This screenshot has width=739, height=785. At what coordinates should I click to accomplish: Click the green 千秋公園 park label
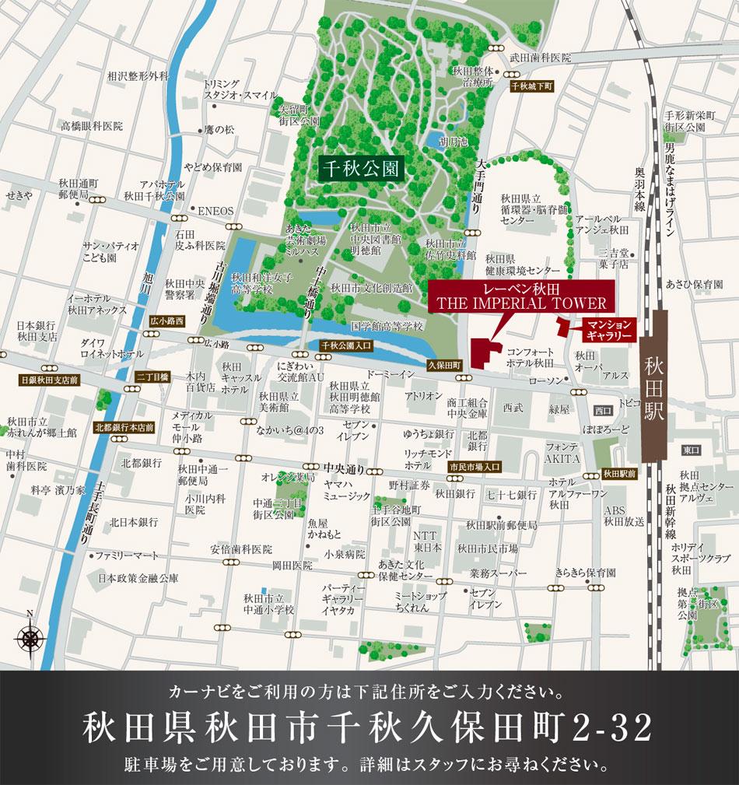click(x=361, y=168)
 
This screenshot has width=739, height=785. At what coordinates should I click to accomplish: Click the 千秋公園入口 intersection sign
click(x=347, y=344)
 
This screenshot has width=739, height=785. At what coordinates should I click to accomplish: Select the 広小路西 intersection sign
click(x=167, y=321)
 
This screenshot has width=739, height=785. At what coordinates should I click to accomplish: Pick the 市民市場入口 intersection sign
click(x=475, y=467)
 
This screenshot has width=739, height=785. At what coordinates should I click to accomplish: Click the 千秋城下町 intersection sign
click(x=531, y=87)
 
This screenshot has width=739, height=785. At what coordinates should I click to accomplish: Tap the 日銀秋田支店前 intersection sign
click(x=50, y=380)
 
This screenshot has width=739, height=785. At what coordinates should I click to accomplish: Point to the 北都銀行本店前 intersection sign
click(x=124, y=427)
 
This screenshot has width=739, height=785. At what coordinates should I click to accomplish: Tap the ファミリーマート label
click(x=126, y=555)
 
